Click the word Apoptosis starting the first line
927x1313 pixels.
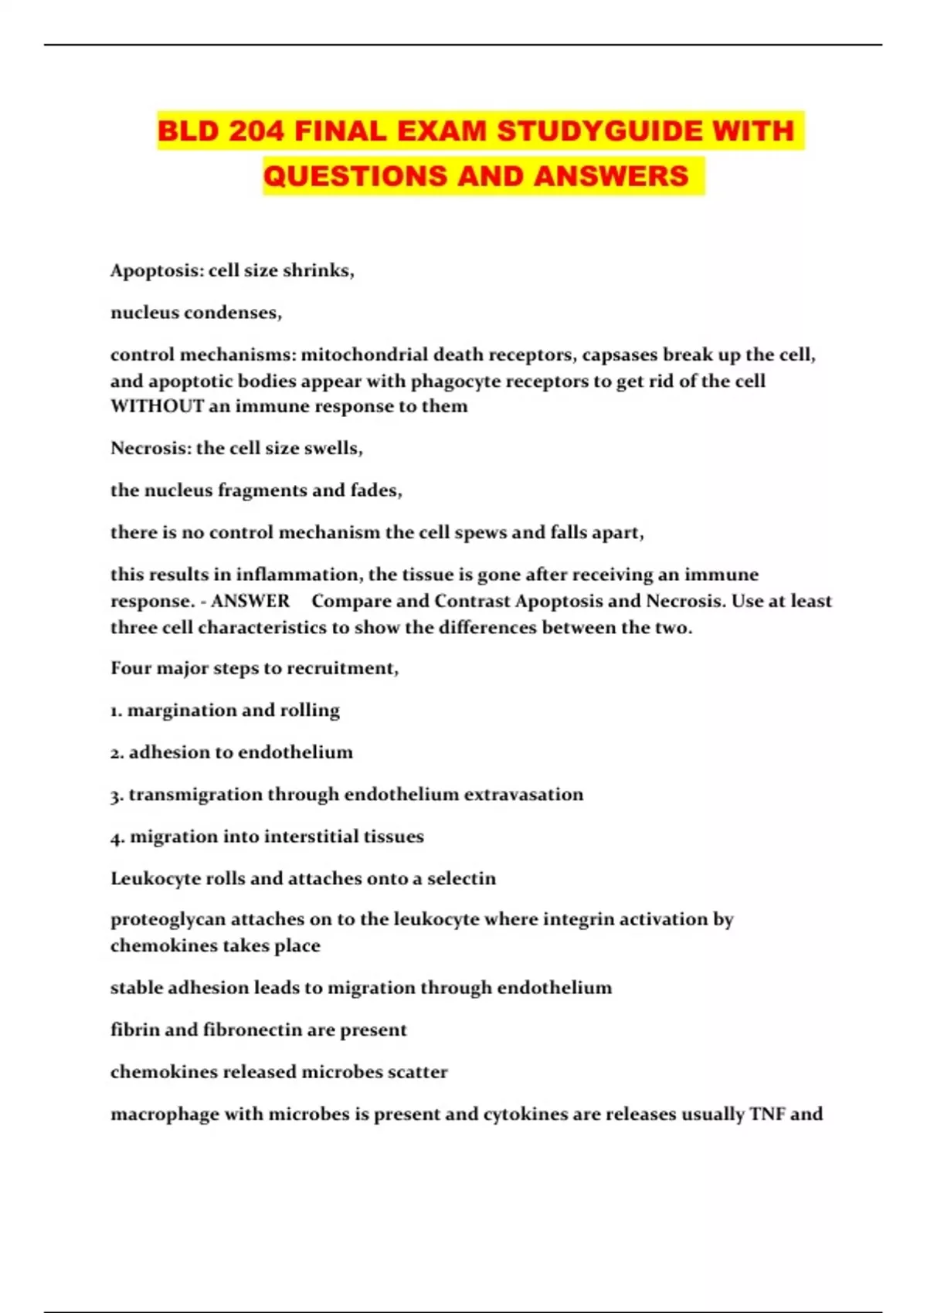tap(156, 271)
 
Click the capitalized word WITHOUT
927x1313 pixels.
tap(157, 406)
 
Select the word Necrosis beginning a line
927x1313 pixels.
tap(150, 448)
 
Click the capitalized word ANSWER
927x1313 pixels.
tap(250, 601)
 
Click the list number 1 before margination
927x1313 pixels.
tap(116, 711)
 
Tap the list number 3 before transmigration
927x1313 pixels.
tap(116, 795)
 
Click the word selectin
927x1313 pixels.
tap(461, 878)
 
